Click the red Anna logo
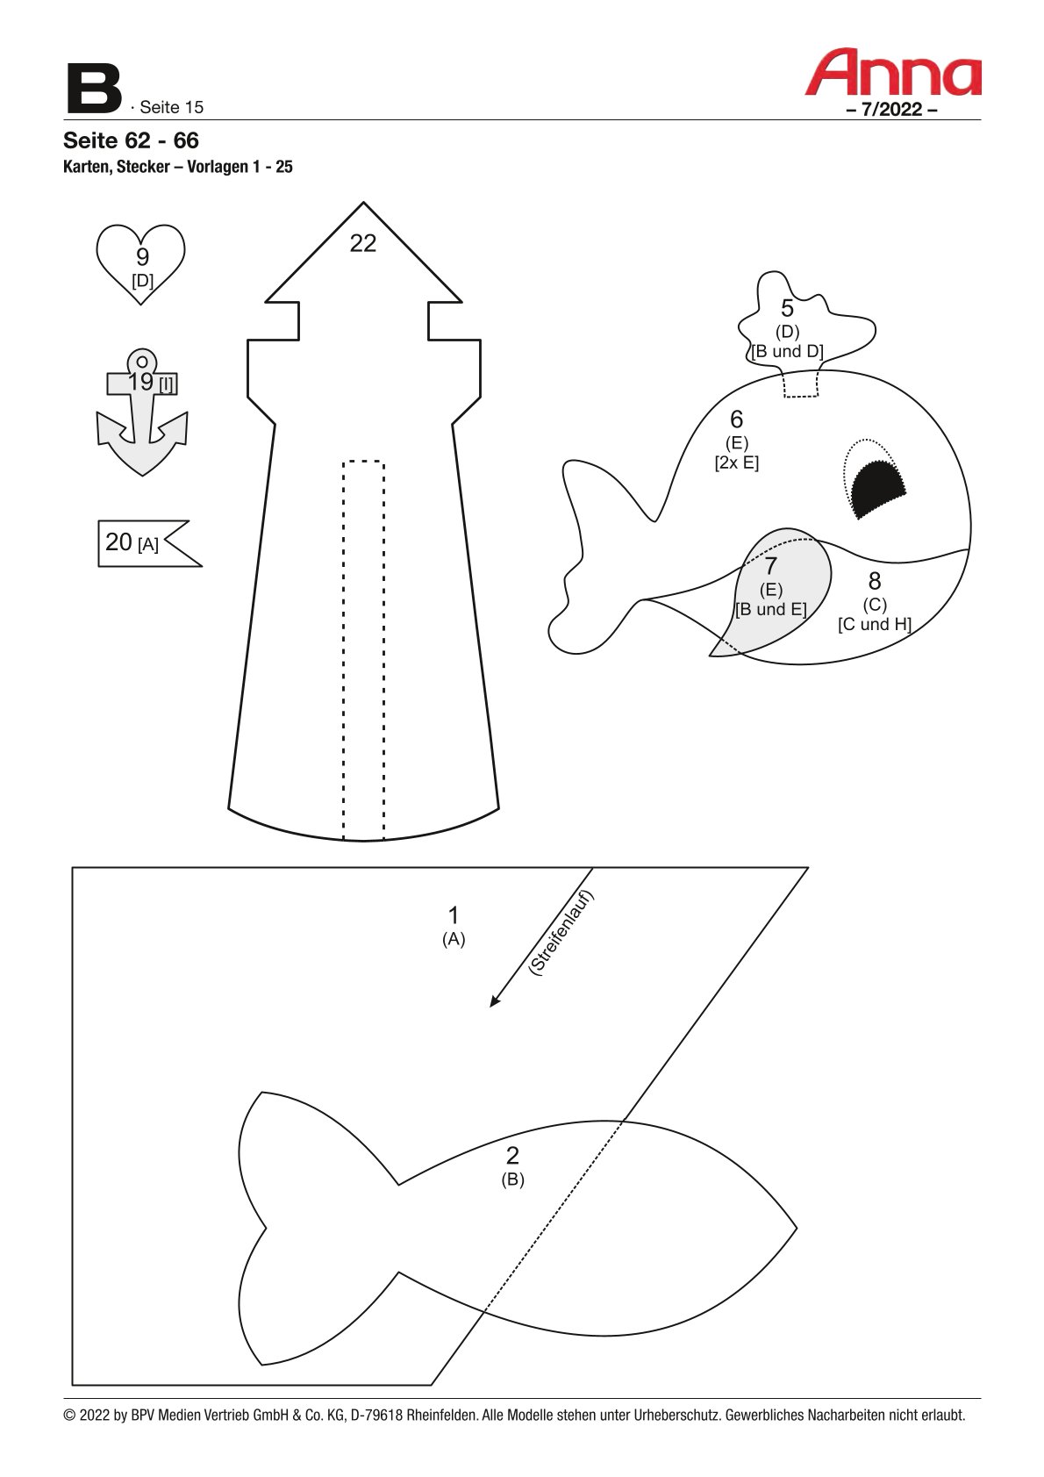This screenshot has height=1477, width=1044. [x=892, y=73]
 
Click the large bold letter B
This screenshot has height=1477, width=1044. [x=94, y=89]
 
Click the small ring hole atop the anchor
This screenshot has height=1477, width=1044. [x=142, y=362]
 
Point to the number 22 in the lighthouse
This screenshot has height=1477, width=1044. [x=362, y=243]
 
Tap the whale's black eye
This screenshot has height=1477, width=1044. [x=878, y=489]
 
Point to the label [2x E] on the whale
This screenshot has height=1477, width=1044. [x=736, y=462]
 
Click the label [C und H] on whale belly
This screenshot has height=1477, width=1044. [x=874, y=624]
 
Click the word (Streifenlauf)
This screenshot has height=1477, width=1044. [x=561, y=933]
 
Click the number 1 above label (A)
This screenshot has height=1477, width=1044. [x=454, y=915]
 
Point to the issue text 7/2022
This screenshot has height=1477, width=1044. [x=891, y=110]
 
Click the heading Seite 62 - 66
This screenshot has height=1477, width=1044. [x=131, y=140]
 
